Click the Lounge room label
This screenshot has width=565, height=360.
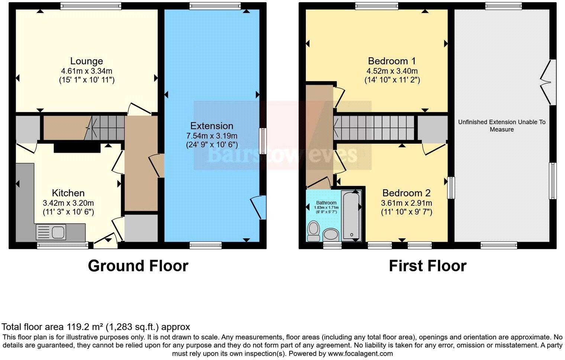coord(87,61)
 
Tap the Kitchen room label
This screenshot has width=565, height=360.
coord(68,193)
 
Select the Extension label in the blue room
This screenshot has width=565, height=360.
coord(212,126)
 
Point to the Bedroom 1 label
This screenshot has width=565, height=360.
coord(392,61)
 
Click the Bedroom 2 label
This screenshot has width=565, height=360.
coord(406,193)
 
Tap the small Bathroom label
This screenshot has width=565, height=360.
coord(326,203)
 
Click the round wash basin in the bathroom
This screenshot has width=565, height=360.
coord(330,235)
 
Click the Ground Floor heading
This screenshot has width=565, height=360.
coord(138,266)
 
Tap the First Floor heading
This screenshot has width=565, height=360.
coord(427,266)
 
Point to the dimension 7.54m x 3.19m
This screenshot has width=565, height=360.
coord(212,136)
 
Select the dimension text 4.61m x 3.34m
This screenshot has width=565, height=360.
coord(87,71)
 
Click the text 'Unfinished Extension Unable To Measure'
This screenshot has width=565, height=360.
coord(501,126)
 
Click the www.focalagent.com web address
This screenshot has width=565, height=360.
coord(360,353)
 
